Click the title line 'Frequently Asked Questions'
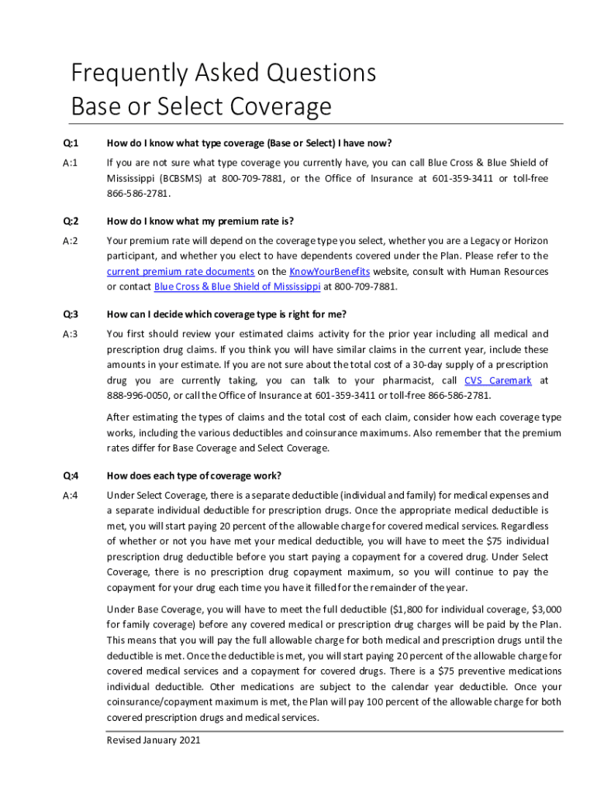coord(223,74)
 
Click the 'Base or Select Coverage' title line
coord(201,106)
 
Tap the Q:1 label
coord(71,143)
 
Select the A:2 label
coord(71,241)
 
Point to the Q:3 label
coord(71,314)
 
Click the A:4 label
coord(71,496)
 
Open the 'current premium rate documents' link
coord(180,272)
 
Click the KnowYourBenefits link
coord(330,272)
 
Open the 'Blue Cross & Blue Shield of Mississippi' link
coord(237,287)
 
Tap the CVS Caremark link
coord(498,381)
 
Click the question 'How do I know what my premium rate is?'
coord(200,221)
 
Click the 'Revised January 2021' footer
coord(154,741)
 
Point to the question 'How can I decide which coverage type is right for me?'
coord(226,314)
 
